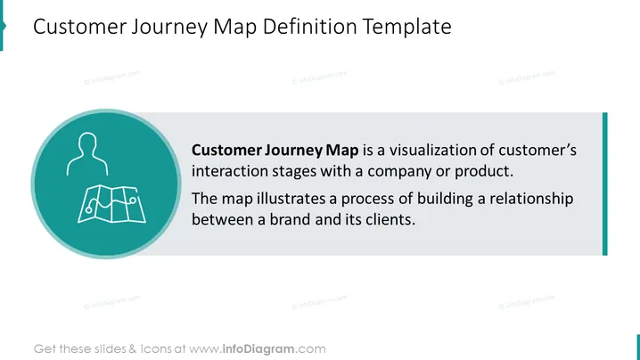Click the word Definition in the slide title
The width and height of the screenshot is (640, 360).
[309, 27]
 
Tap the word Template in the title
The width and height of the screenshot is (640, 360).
[407, 28]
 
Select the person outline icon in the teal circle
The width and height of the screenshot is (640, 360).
[87, 154]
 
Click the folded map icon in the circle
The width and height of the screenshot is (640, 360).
[111, 204]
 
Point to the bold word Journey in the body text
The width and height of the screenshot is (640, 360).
[293, 151]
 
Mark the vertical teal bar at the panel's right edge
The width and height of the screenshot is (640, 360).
[605, 184]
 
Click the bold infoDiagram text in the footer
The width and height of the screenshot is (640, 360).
[258, 349]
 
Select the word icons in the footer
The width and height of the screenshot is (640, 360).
[155, 349]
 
